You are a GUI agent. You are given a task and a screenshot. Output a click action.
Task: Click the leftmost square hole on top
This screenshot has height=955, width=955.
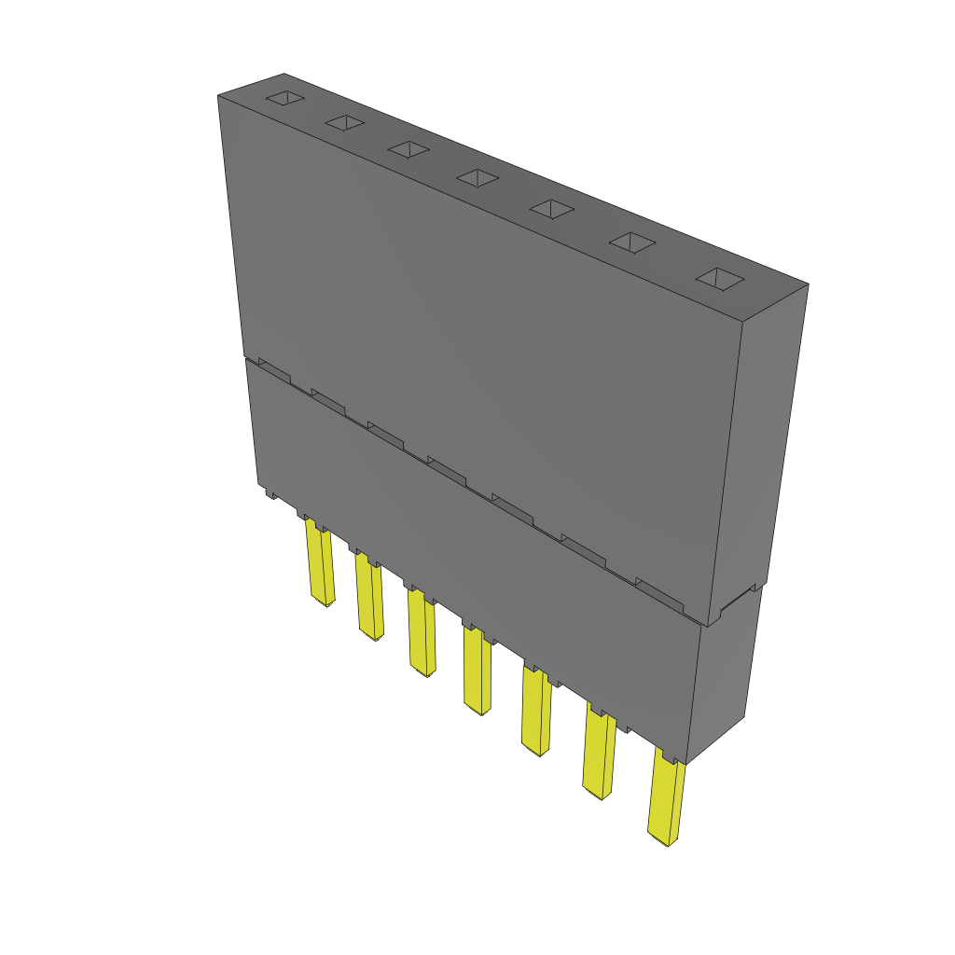(x=285, y=98)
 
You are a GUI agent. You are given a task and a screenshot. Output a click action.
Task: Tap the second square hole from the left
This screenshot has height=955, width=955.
(x=344, y=122)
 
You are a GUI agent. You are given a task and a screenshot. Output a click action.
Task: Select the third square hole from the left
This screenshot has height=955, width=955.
(x=408, y=148)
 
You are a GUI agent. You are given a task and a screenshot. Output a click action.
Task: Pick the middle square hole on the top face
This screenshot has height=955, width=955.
(x=477, y=176)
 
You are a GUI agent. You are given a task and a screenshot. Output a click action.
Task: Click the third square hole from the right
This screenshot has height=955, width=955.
(x=551, y=208)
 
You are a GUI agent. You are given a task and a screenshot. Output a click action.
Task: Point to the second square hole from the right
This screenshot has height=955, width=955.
(x=632, y=242)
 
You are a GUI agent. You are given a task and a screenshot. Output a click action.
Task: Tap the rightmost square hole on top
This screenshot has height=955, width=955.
(x=721, y=278)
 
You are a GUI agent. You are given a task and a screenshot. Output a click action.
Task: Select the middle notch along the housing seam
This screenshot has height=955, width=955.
(x=447, y=468)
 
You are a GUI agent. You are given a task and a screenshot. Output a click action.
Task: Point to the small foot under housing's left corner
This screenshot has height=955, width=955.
(x=270, y=492)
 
